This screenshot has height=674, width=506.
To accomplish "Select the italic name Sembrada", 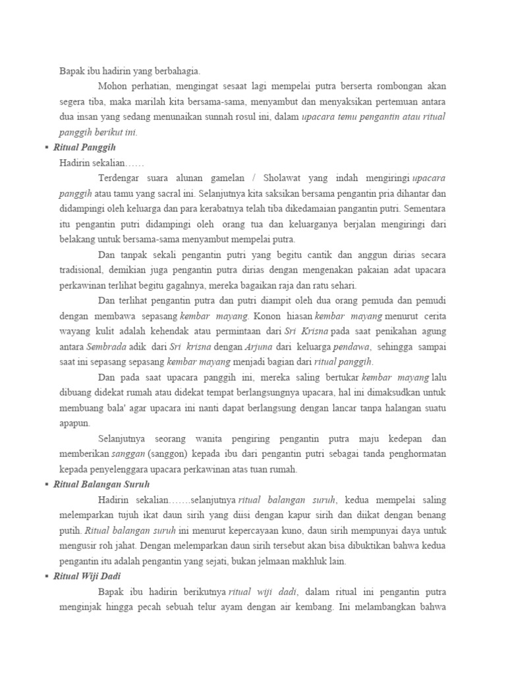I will click(x=105, y=346).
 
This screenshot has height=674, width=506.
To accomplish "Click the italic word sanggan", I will click(x=128, y=454).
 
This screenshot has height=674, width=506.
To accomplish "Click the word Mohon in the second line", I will click(x=111, y=86).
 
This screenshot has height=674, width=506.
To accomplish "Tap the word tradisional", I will click(x=82, y=270).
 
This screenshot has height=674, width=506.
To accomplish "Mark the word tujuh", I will click(x=138, y=515).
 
